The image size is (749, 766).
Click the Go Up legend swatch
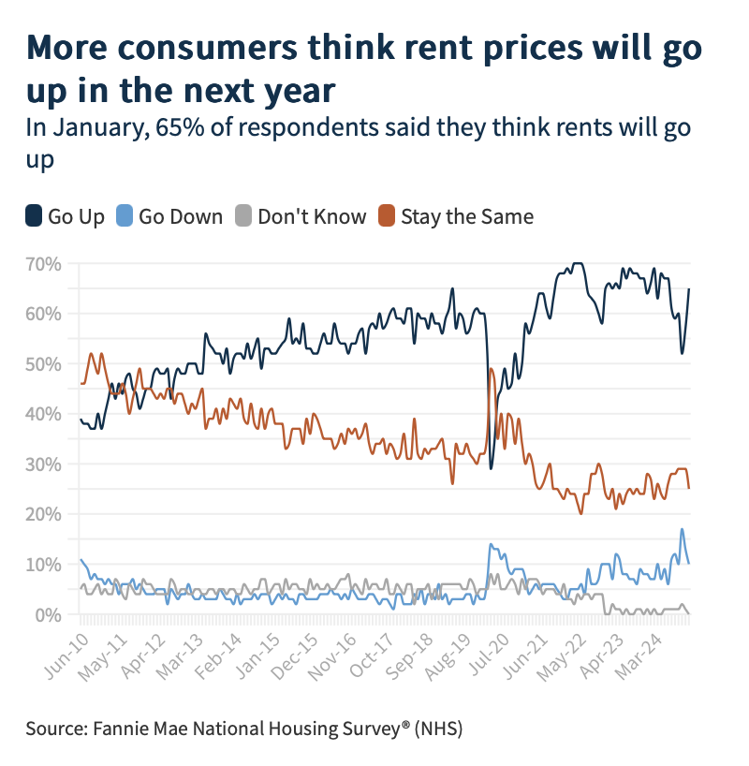coord(34,216)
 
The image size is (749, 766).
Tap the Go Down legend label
coord(181,217)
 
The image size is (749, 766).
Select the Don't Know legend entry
coord(312,217)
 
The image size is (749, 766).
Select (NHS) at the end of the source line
coord(439,728)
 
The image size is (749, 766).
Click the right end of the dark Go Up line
coord(689,288)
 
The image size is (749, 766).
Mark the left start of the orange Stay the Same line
coord(81,383)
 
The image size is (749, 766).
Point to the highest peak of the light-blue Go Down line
coord(682,530)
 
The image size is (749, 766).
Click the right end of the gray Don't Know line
coord(689,613)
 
